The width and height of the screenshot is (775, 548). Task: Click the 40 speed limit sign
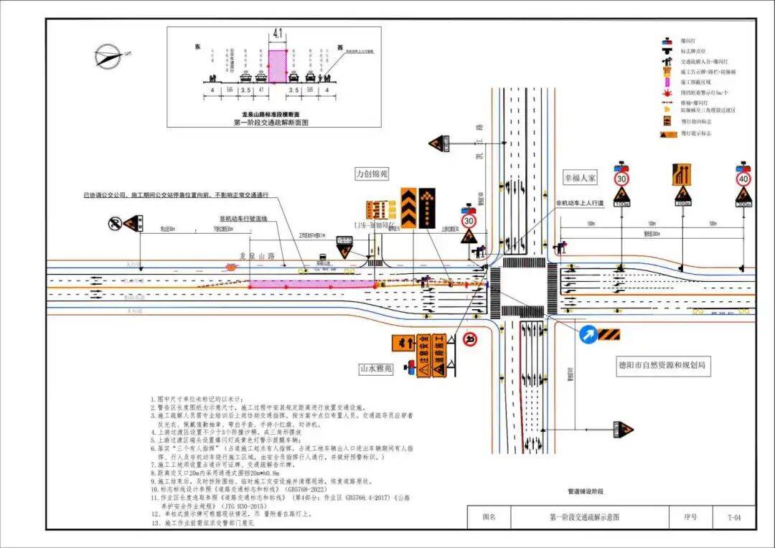click(x=743, y=177)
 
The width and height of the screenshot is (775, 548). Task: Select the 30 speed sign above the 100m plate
click(x=621, y=177)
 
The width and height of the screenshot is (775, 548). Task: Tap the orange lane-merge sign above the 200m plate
click(x=681, y=174)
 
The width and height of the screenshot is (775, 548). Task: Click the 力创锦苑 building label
click(x=371, y=173)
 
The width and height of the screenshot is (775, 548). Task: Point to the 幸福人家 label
click(x=580, y=177)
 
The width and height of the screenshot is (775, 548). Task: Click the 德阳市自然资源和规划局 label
click(x=664, y=365)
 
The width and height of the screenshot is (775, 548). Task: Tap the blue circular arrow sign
click(x=587, y=334)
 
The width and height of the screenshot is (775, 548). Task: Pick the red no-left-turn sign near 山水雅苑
click(x=470, y=339)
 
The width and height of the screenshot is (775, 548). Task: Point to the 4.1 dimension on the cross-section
click(x=278, y=33)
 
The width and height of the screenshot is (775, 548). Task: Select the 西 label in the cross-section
click(x=339, y=47)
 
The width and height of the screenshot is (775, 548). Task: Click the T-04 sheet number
click(x=731, y=517)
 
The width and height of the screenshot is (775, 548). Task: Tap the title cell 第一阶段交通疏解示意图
click(x=583, y=517)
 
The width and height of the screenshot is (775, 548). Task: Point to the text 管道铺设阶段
click(x=586, y=491)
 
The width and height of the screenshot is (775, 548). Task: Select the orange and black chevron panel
click(x=408, y=207)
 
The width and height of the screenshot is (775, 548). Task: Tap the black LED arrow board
click(x=427, y=207)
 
